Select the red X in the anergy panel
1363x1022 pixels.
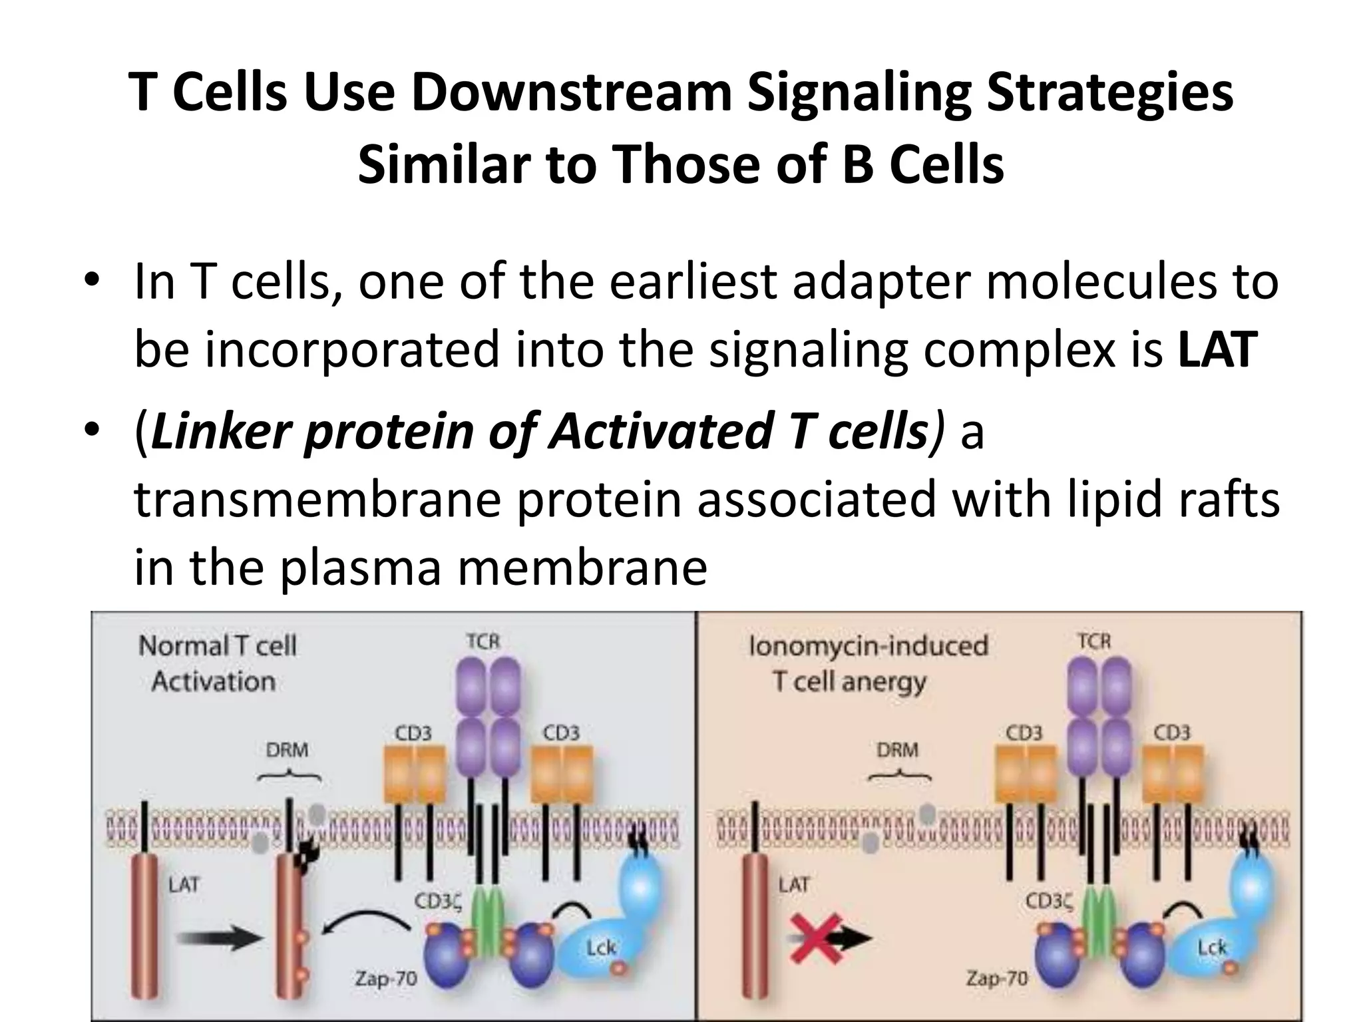coord(816,938)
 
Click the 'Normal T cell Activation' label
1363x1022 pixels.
coord(216,663)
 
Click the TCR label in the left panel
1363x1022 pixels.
coord(483,641)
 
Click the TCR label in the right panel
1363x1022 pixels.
coord(1094,641)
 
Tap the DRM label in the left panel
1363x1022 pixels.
coord(287,750)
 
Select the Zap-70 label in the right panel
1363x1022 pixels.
coord(996,978)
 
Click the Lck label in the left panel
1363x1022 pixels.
coord(600,947)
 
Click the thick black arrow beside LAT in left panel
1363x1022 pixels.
coord(220,939)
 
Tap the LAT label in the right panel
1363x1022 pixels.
coord(794,884)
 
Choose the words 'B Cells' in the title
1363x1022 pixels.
coord(923,164)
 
